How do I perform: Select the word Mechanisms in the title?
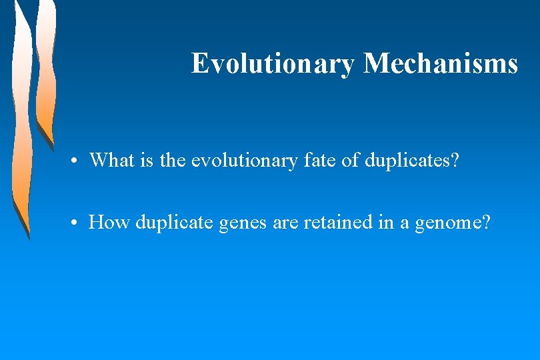click(440, 63)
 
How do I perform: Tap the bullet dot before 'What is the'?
click(78, 161)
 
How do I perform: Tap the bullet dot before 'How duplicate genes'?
click(78, 223)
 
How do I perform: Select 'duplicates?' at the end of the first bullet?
click(412, 160)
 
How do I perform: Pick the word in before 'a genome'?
click(386, 222)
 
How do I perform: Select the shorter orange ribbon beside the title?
click(45, 73)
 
